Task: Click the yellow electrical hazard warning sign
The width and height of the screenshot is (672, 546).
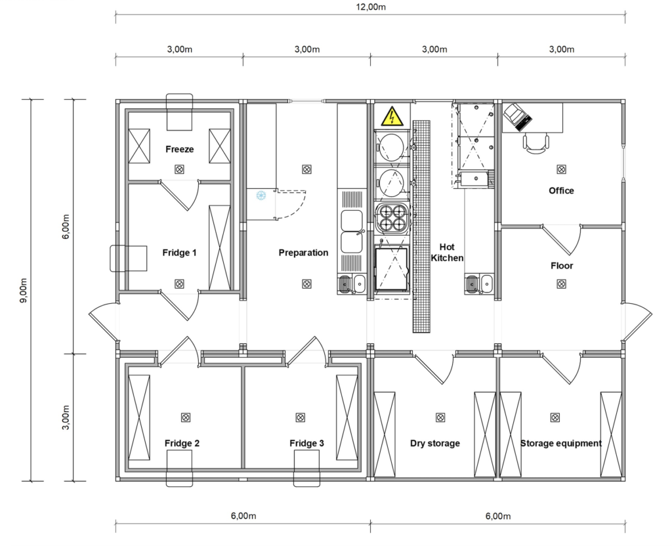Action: [x=392, y=115]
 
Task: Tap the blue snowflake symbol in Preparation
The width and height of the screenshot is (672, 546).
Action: [x=261, y=196]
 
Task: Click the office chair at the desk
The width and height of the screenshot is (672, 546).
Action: [x=535, y=143]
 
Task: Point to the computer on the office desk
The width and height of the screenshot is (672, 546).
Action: [x=518, y=117]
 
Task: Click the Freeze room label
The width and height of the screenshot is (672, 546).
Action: [x=180, y=149]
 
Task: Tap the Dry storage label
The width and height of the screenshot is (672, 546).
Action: [x=435, y=444]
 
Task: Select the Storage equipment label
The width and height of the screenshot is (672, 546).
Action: [x=561, y=444]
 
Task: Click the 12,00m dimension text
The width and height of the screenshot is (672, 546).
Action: [x=371, y=7]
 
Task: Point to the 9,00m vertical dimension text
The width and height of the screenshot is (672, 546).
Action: [x=24, y=290]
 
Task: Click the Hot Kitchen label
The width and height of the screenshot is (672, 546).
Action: [x=447, y=253]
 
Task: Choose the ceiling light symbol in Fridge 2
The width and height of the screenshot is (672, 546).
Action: [x=185, y=417]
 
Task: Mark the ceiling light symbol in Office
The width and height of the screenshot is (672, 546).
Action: [x=561, y=169]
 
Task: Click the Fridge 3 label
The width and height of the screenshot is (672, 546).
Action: [x=307, y=443]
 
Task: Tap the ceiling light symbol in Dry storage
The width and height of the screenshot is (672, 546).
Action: [x=440, y=417]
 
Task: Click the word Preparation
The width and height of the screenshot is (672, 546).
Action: [x=303, y=253]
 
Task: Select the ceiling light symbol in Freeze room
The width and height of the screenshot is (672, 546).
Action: [x=180, y=169]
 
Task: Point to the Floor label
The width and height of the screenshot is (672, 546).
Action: [x=562, y=266]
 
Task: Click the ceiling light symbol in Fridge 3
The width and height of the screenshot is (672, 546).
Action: [x=301, y=417]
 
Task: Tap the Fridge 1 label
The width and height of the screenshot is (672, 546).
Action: [x=180, y=253]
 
